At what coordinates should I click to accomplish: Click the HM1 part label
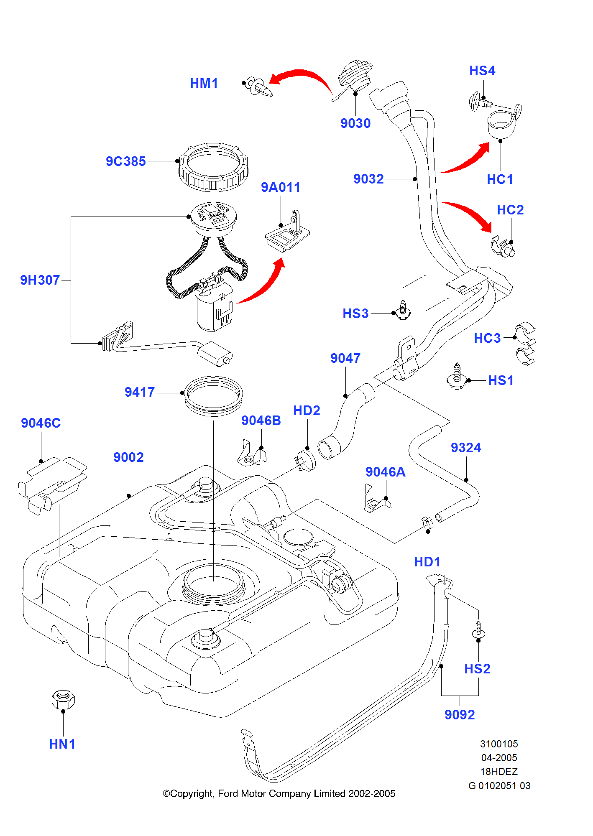(x=204, y=83)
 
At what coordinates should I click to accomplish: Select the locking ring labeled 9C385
(x=213, y=167)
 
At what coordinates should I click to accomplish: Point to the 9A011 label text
(x=281, y=188)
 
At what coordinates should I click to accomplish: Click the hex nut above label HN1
(x=63, y=699)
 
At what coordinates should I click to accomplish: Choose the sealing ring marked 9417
(x=213, y=395)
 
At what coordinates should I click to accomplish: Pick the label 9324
(x=466, y=448)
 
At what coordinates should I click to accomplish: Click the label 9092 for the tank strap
(x=460, y=715)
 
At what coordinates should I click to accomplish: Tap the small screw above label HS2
(x=478, y=630)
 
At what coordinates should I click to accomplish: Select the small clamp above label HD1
(x=427, y=522)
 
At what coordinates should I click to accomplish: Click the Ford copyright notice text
(x=279, y=793)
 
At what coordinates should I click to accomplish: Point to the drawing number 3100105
(x=499, y=744)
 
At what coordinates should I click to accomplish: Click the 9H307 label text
(x=40, y=280)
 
